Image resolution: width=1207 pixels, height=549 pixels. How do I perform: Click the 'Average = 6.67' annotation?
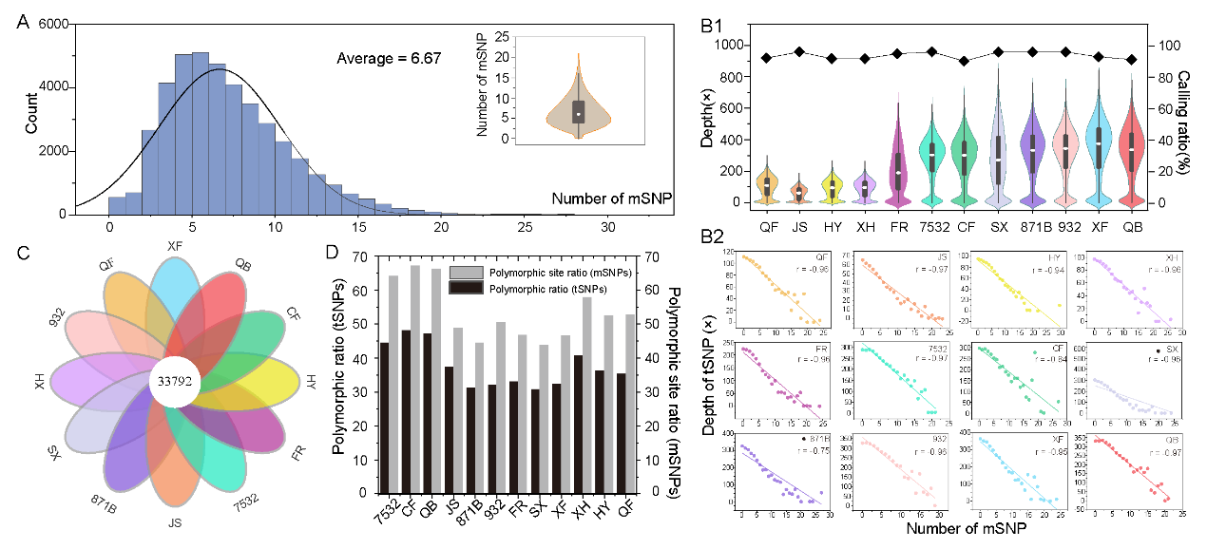389,59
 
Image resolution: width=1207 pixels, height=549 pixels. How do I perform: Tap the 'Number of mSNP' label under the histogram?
602,199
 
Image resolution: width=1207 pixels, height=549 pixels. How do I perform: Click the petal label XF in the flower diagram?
175,245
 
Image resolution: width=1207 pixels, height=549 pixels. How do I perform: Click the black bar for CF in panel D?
406,411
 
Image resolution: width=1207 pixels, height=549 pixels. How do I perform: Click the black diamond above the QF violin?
765,58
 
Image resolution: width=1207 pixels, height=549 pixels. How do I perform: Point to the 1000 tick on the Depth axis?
730,45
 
